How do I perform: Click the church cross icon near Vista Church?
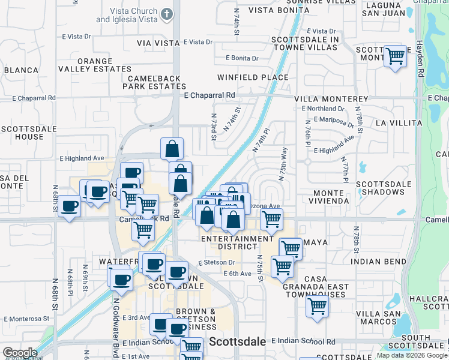(x=167, y=13)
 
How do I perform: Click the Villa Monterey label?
(x=331, y=99)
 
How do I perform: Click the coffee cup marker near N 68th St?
(x=70, y=207)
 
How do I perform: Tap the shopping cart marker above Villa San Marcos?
(x=317, y=306)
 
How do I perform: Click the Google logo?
(x=20, y=353)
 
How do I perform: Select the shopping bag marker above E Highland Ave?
(x=172, y=148)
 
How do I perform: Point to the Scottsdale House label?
(x=22, y=133)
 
